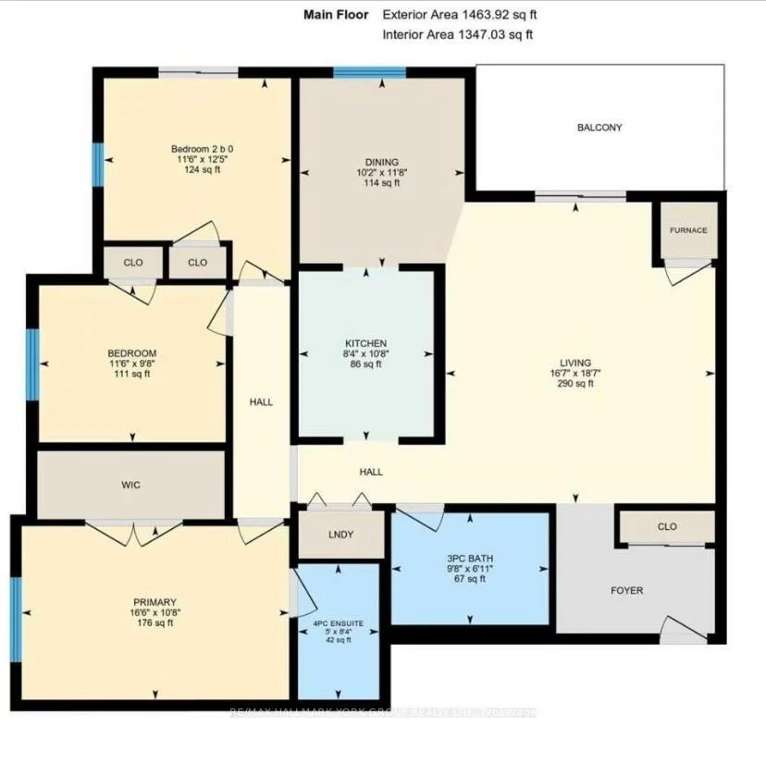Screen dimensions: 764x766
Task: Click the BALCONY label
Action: pyautogui.click(x=599, y=128)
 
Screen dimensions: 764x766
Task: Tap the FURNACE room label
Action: pyautogui.click(x=689, y=230)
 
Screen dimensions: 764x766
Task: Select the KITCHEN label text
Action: pyautogui.click(x=365, y=343)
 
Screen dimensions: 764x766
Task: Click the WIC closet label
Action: pyautogui.click(x=130, y=485)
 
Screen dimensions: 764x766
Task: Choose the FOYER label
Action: pyautogui.click(x=627, y=590)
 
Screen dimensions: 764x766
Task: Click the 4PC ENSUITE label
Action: pyautogui.click(x=337, y=624)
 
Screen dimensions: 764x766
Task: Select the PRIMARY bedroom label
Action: pyautogui.click(x=154, y=601)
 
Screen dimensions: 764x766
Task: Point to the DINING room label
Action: pyautogui.click(x=382, y=161)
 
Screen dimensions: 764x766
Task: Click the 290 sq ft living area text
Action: pyautogui.click(x=574, y=384)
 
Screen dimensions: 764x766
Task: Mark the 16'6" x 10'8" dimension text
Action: pyautogui.click(x=154, y=612)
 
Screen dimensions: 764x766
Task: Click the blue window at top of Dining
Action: pyautogui.click(x=369, y=73)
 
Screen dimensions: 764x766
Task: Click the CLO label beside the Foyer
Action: pyautogui.click(x=667, y=527)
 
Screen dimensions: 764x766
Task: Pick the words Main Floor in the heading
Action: pyautogui.click(x=336, y=15)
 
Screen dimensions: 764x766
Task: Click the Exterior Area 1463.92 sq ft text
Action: pyautogui.click(x=459, y=15)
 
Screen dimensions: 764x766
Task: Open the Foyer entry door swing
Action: pyautogui.click(x=683, y=631)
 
